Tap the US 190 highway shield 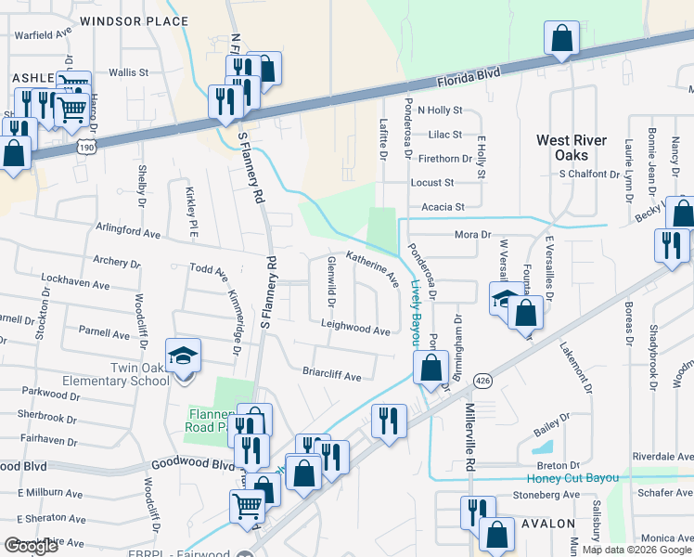pyautogui.click(x=86, y=147)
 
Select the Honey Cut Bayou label pyautogui.click(x=572, y=478)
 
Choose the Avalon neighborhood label pyautogui.click(x=547, y=525)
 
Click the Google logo pyautogui.click(x=32, y=547)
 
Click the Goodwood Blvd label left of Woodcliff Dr pyautogui.click(x=21, y=465)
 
